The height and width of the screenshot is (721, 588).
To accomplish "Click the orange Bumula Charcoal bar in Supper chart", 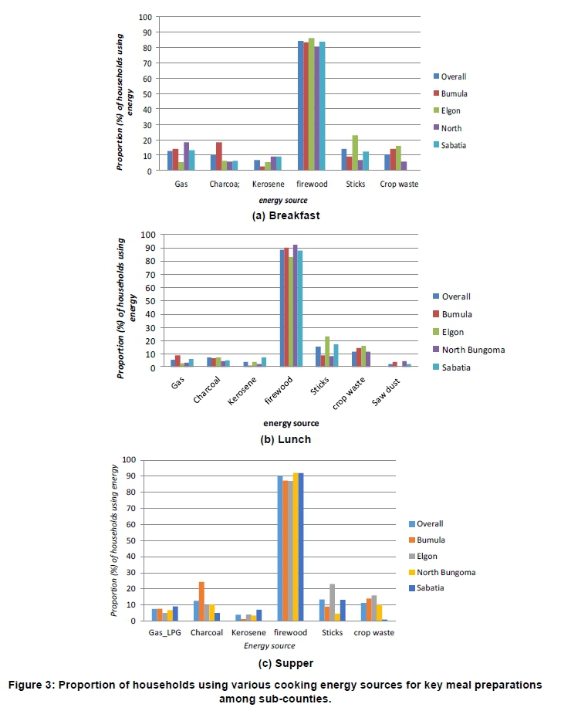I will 202,601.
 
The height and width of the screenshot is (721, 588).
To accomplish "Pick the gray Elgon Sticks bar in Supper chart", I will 333,602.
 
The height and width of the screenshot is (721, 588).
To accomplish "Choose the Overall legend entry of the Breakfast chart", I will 454,76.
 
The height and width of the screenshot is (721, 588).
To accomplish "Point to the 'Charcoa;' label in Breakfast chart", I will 221,184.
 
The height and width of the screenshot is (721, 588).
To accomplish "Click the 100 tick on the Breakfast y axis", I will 146,17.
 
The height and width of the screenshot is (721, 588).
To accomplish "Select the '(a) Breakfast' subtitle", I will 286,215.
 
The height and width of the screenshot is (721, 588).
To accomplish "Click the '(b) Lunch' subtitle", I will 286,439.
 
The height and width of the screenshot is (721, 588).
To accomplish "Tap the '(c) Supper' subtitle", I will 286,662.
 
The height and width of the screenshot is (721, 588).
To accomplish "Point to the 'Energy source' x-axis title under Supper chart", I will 270,645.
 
